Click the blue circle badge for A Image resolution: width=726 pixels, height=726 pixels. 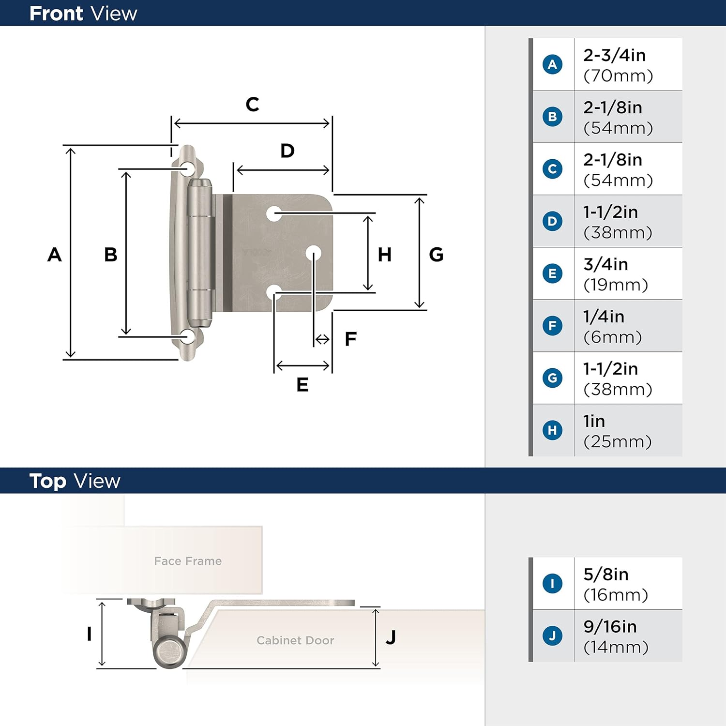click(x=552, y=64)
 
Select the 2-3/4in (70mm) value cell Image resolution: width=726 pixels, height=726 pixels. click(x=618, y=65)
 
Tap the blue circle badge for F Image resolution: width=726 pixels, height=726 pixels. click(x=552, y=326)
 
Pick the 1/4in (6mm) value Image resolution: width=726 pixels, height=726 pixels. click(x=612, y=327)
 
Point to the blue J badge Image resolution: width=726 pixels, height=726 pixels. click(x=552, y=635)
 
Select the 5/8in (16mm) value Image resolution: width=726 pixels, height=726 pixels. click(x=615, y=584)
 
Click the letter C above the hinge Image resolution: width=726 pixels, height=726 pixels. click(x=252, y=105)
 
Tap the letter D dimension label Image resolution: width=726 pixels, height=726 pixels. click(x=287, y=151)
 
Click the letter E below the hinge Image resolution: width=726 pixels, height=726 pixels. click(x=302, y=385)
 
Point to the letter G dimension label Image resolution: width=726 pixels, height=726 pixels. click(x=436, y=255)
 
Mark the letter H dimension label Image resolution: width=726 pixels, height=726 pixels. click(x=385, y=255)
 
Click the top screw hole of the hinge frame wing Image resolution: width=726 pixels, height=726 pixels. click(x=186, y=168)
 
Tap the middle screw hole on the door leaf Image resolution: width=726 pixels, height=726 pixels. click(x=314, y=253)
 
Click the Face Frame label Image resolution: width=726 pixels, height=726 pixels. click(x=188, y=561)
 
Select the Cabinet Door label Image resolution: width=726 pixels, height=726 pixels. click(x=295, y=640)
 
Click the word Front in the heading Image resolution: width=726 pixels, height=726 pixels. click(x=56, y=14)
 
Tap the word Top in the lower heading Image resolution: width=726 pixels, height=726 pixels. click(x=47, y=481)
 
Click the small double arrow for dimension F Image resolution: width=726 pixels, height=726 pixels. click(x=322, y=340)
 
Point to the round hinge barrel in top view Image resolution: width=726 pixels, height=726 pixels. click(x=170, y=651)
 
